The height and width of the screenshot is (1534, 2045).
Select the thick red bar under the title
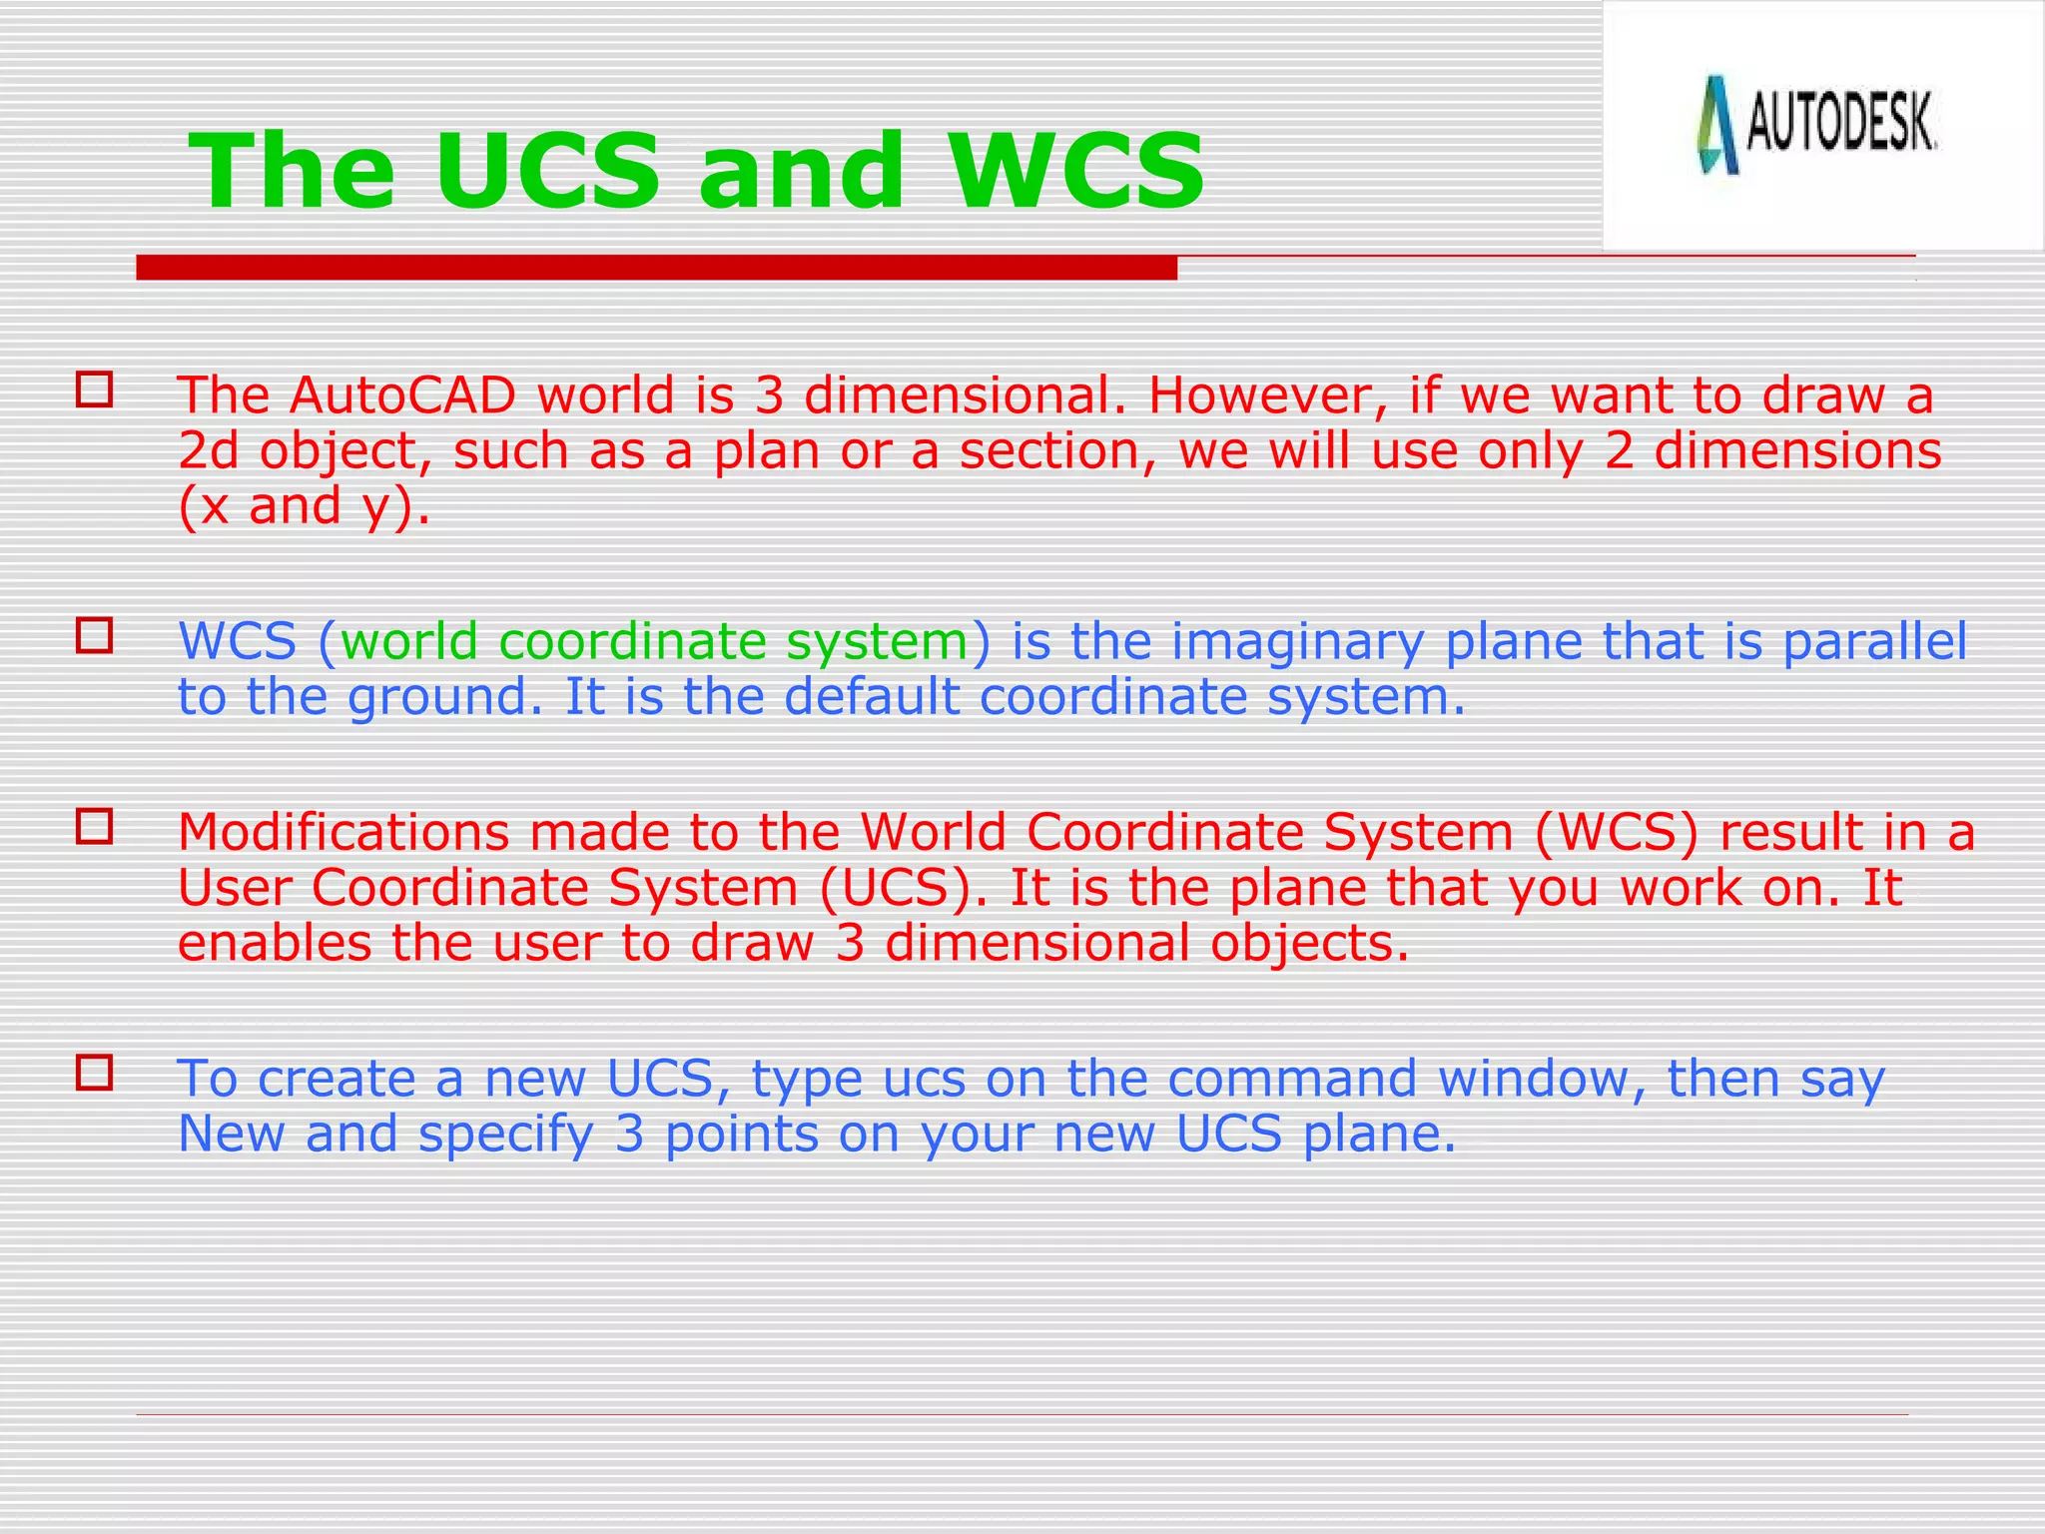point(656,268)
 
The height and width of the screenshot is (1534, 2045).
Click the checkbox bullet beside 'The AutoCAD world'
point(94,388)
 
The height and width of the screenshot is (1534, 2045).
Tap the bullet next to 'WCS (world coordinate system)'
point(94,635)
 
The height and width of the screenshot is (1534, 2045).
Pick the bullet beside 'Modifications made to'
point(94,826)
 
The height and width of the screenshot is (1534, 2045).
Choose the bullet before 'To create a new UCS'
point(94,1073)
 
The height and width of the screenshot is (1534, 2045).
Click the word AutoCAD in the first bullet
point(403,395)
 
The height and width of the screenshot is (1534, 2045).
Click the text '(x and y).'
point(304,505)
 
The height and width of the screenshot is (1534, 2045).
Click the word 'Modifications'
point(343,832)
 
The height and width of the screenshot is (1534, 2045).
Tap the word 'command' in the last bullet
point(1292,1079)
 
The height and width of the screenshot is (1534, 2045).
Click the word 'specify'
point(505,1134)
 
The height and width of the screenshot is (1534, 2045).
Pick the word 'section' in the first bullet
point(1048,450)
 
